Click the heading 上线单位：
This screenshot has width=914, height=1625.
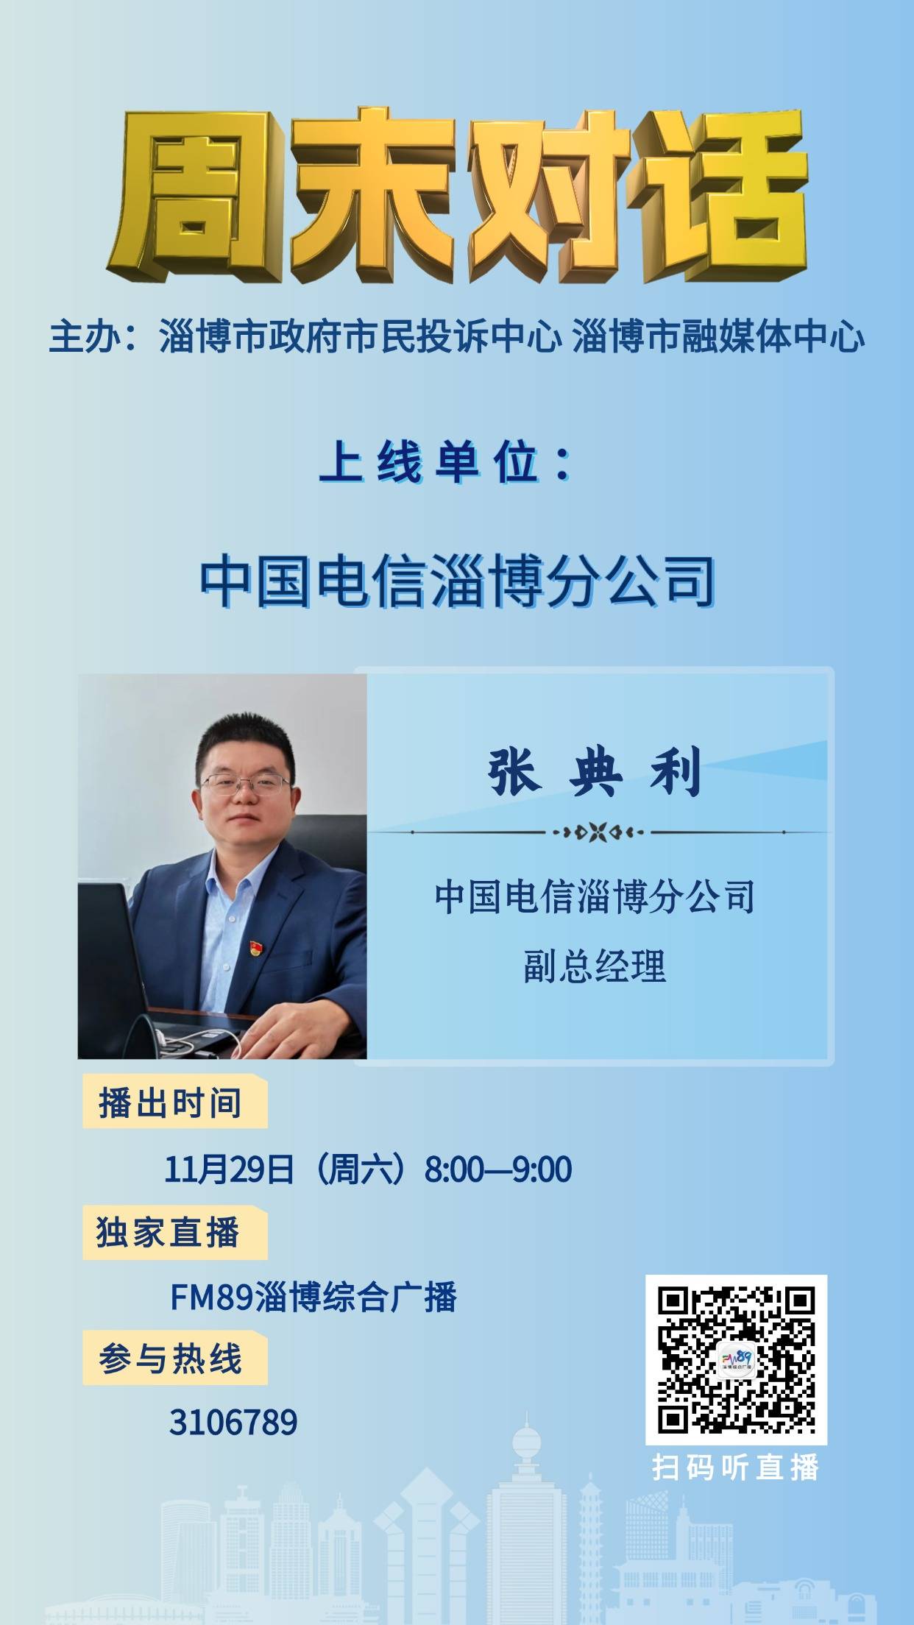pyautogui.click(x=446, y=464)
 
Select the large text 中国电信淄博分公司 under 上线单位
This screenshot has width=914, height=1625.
pyautogui.click(x=457, y=582)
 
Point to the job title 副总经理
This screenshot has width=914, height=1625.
pyautogui.click(x=595, y=967)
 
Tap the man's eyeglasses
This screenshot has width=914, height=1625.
pyautogui.click(x=245, y=784)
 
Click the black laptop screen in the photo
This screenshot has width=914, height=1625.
pyautogui.click(x=110, y=964)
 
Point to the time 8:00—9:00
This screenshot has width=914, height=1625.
pyautogui.click(x=498, y=1169)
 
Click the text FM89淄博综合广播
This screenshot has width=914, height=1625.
pyautogui.click(x=313, y=1297)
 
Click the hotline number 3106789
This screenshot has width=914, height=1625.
pyautogui.click(x=233, y=1423)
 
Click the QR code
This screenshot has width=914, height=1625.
pyautogui.click(x=737, y=1359)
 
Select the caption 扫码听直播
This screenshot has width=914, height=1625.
pyautogui.click(x=736, y=1467)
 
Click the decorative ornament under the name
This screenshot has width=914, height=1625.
pyautogui.click(x=598, y=832)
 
